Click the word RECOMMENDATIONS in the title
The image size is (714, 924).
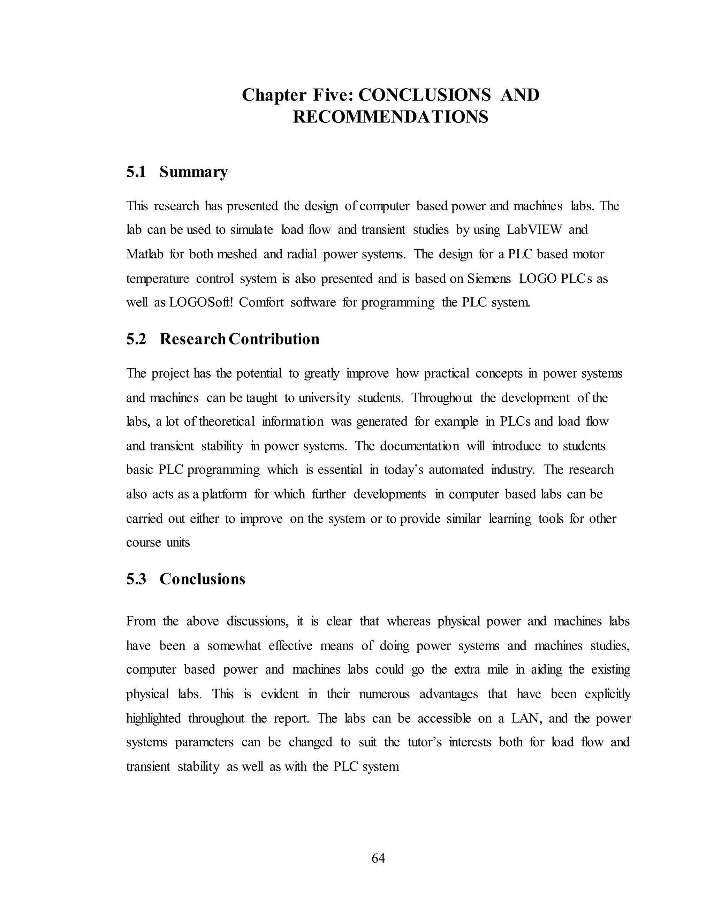390,117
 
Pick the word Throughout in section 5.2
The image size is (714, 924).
442,398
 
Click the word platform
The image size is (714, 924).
224,494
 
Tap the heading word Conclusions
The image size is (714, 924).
202,579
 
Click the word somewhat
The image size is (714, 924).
234,646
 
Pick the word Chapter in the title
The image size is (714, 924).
274,95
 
